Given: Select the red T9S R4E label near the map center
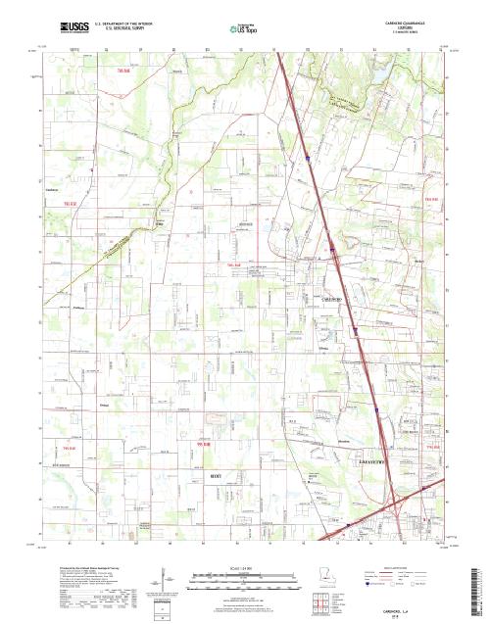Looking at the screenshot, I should pos(233,265).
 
